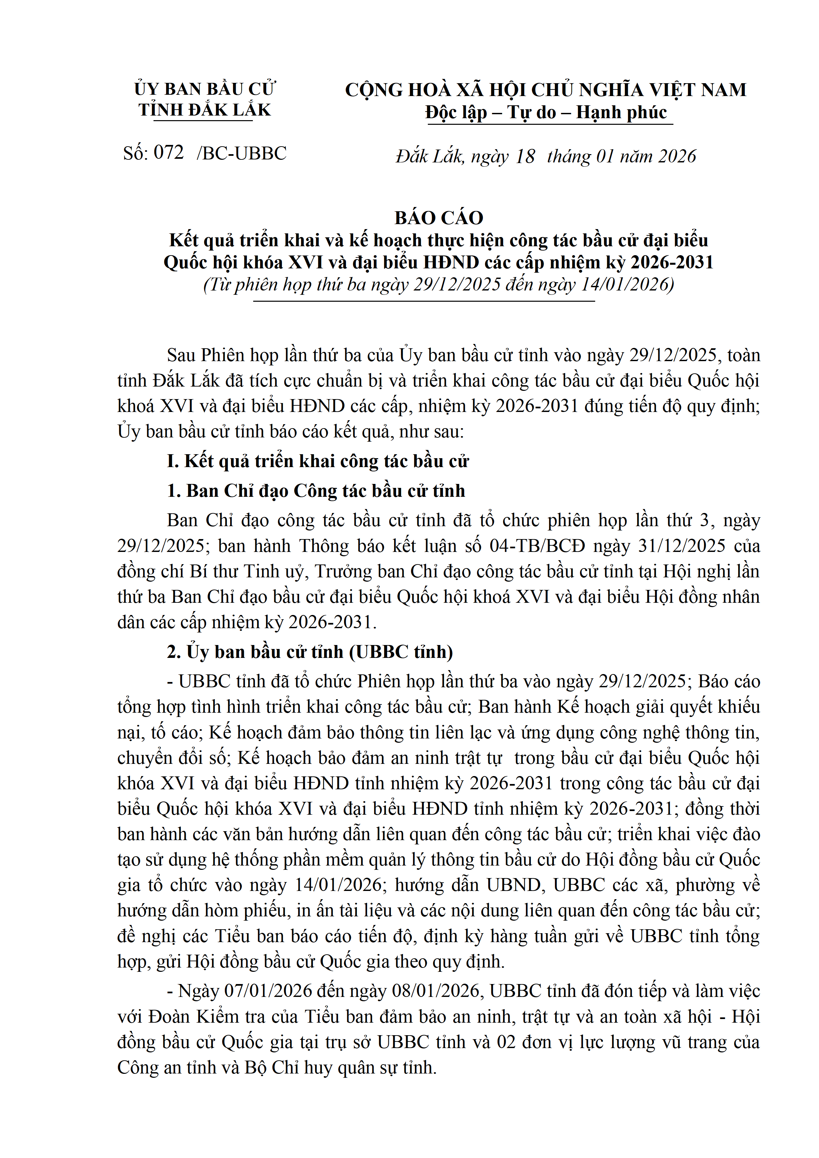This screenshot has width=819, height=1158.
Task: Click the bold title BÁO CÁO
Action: point(439,218)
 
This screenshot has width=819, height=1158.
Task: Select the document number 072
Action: point(168,152)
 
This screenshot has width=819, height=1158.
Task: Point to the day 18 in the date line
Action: point(525,156)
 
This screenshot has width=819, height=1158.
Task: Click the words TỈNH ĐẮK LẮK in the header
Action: point(205,110)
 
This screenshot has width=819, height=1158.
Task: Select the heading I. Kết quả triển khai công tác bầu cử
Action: point(318,461)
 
